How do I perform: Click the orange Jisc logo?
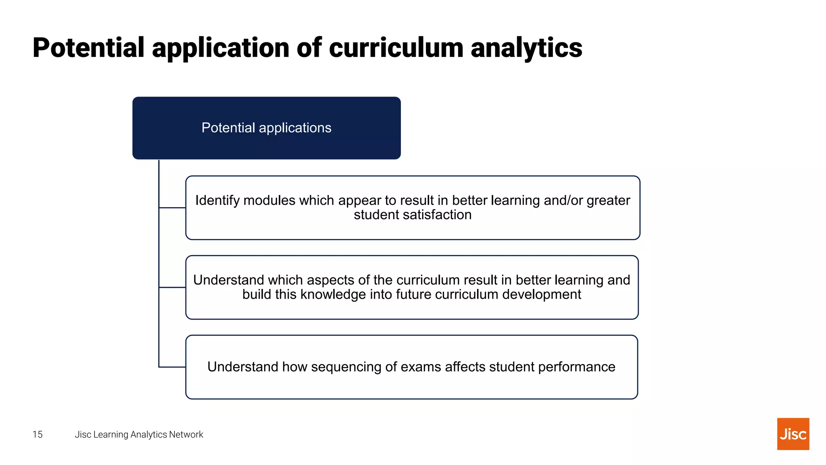(793, 434)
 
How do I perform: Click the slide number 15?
(38, 434)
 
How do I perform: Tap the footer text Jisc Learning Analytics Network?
(139, 434)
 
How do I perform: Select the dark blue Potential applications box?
(266, 128)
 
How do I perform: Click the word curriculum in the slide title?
(396, 48)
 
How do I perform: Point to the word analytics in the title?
(526, 48)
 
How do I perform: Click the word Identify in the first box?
(217, 201)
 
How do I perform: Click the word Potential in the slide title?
(88, 48)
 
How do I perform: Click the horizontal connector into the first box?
(172, 208)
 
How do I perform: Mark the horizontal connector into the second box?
(172, 287)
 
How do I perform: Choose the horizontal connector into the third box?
(172, 367)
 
